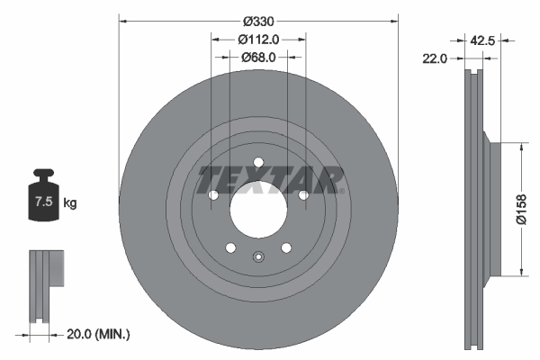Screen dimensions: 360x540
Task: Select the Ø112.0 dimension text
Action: pyautogui.click(x=258, y=39)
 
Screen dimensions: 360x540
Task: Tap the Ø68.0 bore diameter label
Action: pyautogui.click(x=258, y=57)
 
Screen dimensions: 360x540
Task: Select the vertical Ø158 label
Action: pyautogui.click(x=519, y=208)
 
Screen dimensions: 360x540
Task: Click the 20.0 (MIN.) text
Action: pyautogui.click(x=100, y=334)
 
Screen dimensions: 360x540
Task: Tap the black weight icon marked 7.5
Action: pyautogui.click(x=42, y=197)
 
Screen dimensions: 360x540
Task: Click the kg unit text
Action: pyautogui.click(x=69, y=203)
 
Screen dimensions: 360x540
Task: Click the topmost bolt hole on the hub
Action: pyautogui.click(x=258, y=163)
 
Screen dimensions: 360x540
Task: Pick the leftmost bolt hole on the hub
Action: pyautogui.click(x=213, y=195)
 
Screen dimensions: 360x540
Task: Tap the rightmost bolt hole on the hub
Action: pyautogui.click(x=303, y=195)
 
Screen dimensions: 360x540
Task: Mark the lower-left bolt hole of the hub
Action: pyautogui.click(x=230, y=248)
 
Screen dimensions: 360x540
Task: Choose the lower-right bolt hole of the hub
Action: pyautogui.click(x=286, y=248)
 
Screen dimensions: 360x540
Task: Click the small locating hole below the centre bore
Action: pyautogui.click(x=258, y=255)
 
